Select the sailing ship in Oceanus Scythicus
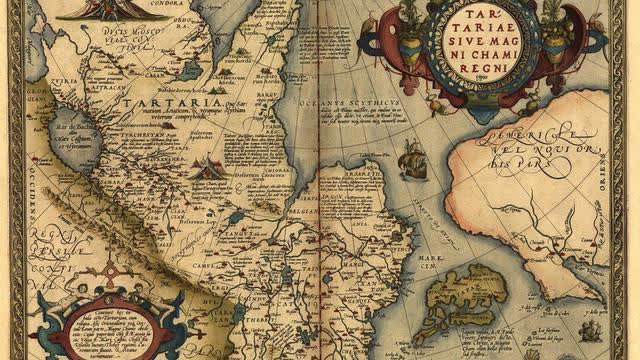coord(412,160)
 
